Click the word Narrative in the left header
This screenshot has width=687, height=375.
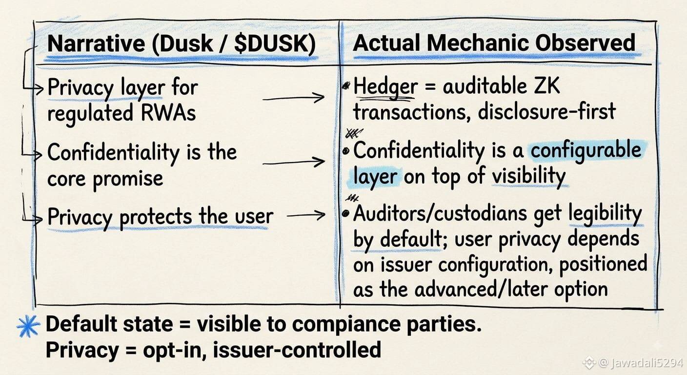coord(96,43)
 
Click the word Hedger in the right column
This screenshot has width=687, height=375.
coord(385,87)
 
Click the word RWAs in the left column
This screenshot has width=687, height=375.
coord(168,113)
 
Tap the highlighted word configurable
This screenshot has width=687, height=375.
coord(586,151)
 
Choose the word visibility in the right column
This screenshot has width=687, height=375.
coord(529,176)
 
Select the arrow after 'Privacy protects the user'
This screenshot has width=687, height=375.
coord(306,215)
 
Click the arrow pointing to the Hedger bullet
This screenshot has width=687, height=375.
coord(294,98)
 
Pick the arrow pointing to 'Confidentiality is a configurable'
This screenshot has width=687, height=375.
coord(294,162)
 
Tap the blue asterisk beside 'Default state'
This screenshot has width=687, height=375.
coord(28,326)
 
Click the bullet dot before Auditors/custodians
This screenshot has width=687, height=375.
coord(346,214)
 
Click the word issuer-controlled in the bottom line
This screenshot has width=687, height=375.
coord(297,349)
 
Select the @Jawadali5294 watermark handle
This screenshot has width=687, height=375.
coord(641,363)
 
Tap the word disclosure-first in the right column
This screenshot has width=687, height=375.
coord(547,112)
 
